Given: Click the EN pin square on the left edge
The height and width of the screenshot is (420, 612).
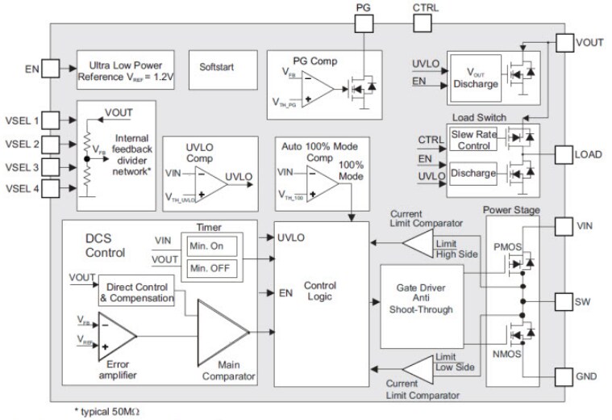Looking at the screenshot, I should coord(50,69).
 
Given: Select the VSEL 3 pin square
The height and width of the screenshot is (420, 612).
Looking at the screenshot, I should coord(50,167).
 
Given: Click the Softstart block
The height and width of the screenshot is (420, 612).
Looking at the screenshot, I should coord(216,66).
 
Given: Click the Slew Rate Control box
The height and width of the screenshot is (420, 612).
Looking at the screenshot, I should coord(472,139).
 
